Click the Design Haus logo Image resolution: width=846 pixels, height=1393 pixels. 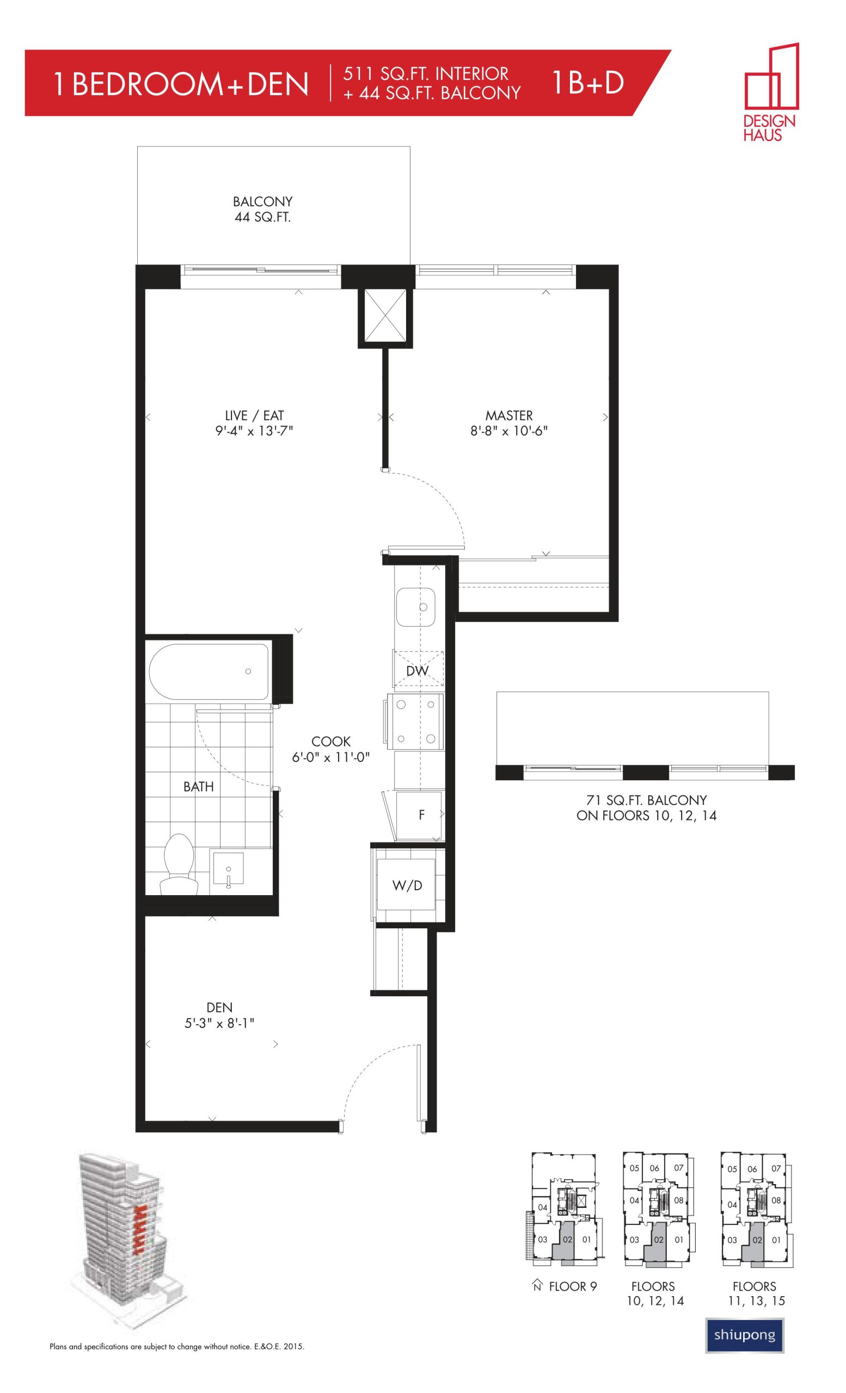point(770,91)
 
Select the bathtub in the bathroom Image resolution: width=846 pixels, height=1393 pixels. point(209,671)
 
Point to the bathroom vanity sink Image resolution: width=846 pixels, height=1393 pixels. point(228,870)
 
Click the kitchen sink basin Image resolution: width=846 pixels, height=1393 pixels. point(415,607)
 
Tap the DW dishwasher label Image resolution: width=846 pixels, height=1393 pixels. point(418,671)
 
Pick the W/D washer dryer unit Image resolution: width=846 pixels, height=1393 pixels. point(407,885)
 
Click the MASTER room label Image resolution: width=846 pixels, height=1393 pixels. point(509,416)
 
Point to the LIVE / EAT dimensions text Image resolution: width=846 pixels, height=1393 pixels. point(254,432)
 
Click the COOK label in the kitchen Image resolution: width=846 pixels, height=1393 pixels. point(331,741)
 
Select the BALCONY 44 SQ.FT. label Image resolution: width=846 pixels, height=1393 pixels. point(262,209)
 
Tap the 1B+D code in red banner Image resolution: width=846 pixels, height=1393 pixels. point(587,83)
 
